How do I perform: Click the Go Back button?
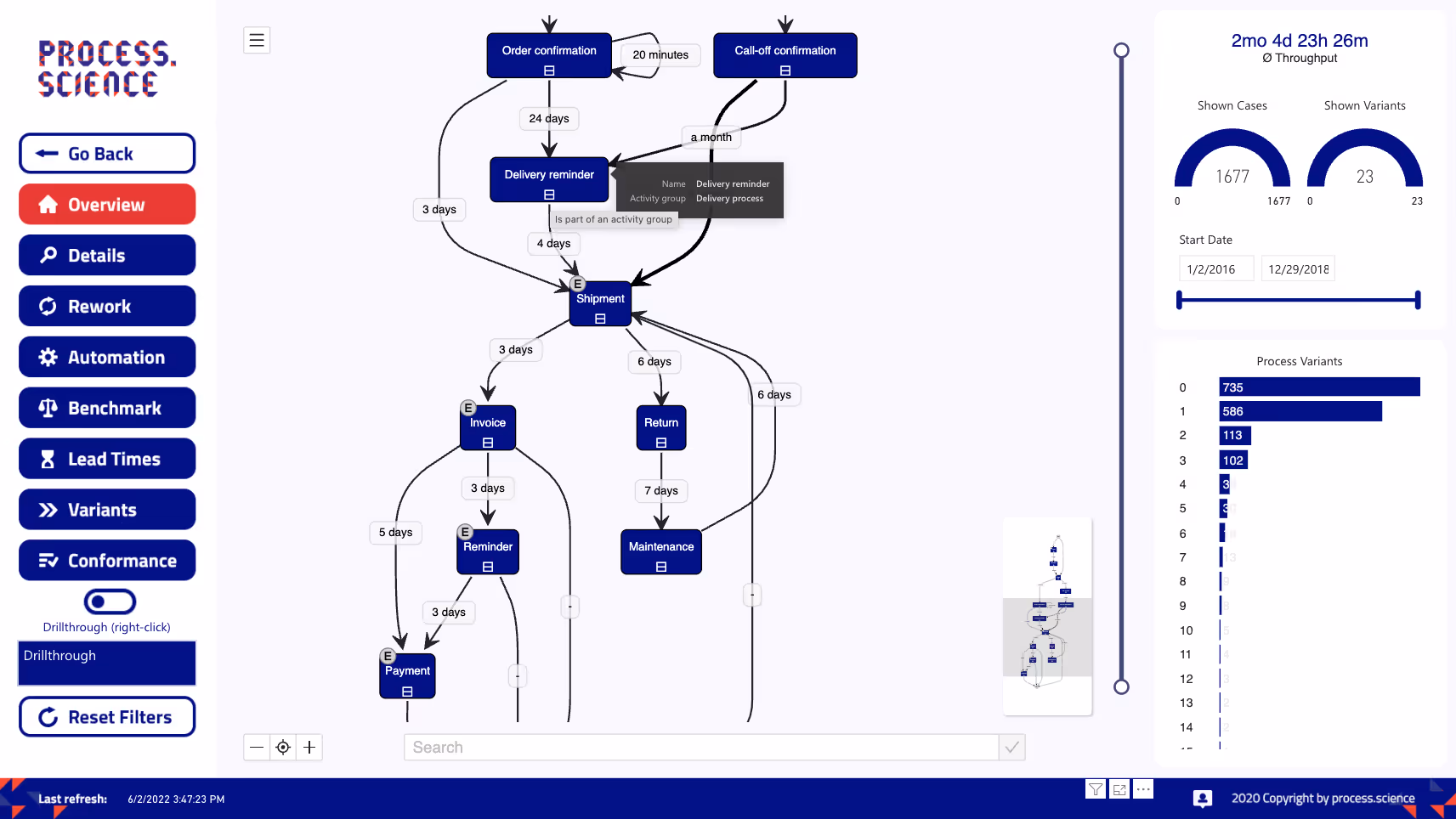click(107, 154)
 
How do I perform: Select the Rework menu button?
click(107, 307)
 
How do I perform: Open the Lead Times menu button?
click(107, 460)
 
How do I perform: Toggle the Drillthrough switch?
click(110, 602)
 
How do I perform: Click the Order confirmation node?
click(549, 55)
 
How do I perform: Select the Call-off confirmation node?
click(785, 55)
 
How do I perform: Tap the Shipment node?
click(600, 303)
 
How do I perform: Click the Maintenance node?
click(660, 551)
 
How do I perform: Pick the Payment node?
click(407, 675)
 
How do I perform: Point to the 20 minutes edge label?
click(660, 55)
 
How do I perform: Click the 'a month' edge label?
click(711, 138)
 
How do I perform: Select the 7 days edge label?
click(660, 491)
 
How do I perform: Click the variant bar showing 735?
click(1319, 387)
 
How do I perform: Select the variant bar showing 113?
click(1234, 436)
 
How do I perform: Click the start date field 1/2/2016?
click(1215, 269)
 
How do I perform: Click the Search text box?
click(700, 748)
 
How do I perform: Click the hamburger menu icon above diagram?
click(257, 40)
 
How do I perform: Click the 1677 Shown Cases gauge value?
click(1232, 177)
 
